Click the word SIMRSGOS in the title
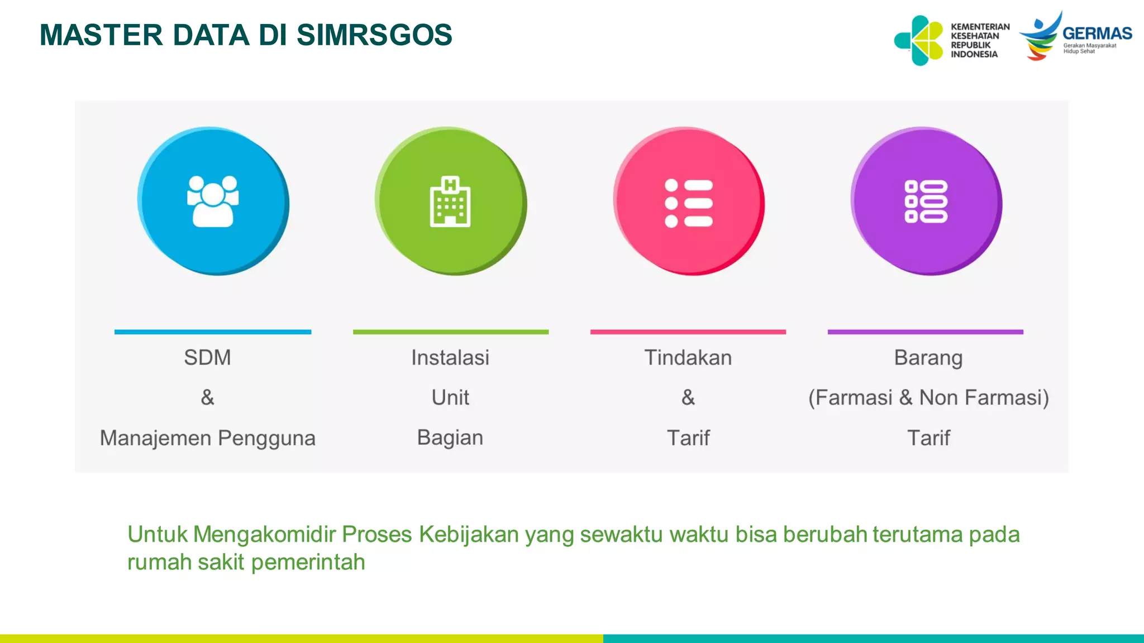374,35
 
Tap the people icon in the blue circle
213,201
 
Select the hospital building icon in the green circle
450,201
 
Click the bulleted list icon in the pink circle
688,203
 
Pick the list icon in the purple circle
926,201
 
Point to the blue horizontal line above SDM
213,332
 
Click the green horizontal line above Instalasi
451,332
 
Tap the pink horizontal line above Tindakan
688,332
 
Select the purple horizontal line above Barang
926,332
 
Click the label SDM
207,357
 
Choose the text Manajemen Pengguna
207,438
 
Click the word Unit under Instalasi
450,397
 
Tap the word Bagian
450,438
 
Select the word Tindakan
688,357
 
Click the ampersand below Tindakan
688,397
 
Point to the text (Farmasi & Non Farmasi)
928,397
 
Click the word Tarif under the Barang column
928,438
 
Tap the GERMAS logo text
1097,33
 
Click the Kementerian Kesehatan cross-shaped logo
919,40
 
